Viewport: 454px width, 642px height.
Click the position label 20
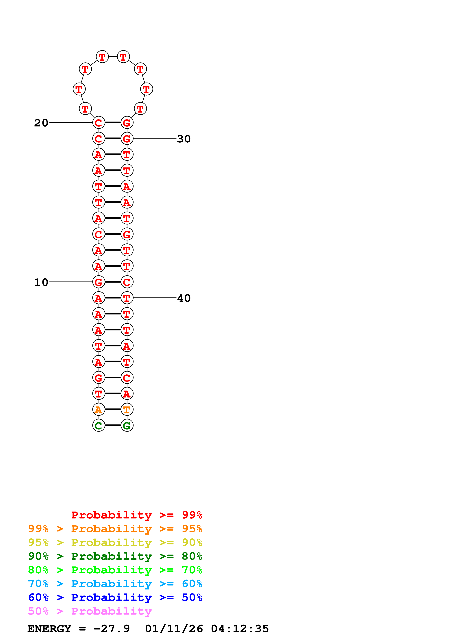click(41, 123)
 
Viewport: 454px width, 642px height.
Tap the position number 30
click(184, 139)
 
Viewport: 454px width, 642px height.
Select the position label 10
click(41, 282)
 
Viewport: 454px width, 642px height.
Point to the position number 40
click(184, 298)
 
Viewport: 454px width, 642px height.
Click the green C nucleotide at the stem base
click(99, 425)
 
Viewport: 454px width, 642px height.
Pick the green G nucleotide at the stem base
click(127, 425)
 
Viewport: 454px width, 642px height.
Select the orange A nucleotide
click(99, 410)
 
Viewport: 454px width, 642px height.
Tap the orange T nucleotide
click(127, 410)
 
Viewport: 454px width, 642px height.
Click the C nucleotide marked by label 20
click(99, 122)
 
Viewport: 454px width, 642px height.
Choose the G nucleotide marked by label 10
click(99, 282)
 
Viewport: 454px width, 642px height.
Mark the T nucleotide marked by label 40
click(127, 298)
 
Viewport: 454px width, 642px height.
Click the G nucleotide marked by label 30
click(127, 138)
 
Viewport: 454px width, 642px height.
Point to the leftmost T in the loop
click(79, 89)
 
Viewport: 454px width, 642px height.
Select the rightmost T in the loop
click(146, 89)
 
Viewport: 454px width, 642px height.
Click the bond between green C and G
click(113, 425)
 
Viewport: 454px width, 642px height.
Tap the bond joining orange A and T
click(113, 409)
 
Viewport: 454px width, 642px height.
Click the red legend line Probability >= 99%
click(136, 515)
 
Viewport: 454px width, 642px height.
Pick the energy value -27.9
click(112, 629)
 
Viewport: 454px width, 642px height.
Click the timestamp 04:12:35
click(240, 629)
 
